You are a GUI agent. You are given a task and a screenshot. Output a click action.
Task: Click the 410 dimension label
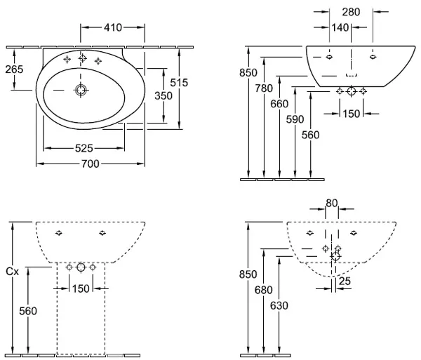coord(113,27)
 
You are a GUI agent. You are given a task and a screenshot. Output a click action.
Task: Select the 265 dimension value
coord(14,69)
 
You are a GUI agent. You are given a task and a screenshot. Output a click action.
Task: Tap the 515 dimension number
coord(179,83)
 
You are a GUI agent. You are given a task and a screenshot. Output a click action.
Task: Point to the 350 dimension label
coord(163,95)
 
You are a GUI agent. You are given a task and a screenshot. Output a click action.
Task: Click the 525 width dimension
coord(83,148)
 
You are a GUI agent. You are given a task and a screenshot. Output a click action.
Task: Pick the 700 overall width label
coord(91,164)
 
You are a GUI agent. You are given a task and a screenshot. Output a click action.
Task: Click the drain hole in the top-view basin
coord(81,91)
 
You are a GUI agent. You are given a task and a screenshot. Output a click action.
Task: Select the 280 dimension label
coord(351,12)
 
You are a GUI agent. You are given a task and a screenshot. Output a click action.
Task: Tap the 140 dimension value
coord(340,27)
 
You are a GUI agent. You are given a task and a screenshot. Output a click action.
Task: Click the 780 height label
coord(264,88)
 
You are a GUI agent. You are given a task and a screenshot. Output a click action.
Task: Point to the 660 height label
coord(279,104)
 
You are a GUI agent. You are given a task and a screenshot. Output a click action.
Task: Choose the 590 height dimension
coord(295,119)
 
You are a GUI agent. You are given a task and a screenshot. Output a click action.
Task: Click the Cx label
coord(13,272)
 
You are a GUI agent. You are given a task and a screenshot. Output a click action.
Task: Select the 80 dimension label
coord(332,204)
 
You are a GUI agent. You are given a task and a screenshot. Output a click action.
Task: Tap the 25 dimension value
coord(345,281)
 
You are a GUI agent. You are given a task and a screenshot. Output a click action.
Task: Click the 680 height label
coord(264,290)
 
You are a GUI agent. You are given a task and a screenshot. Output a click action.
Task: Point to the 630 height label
coord(279,305)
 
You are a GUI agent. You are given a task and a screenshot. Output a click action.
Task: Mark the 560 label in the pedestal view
coord(28,311)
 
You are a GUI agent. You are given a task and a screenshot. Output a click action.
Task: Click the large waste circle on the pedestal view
coord(81,267)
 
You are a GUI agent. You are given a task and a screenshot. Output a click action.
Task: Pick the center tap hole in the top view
coord(82,58)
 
